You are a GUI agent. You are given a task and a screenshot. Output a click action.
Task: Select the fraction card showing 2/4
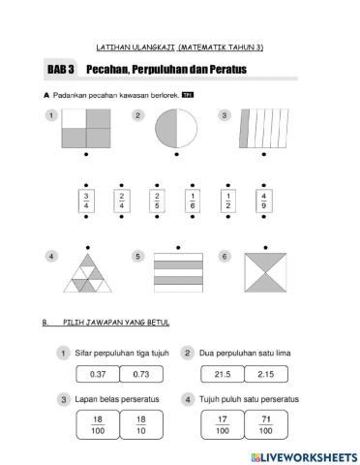[x=121, y=202]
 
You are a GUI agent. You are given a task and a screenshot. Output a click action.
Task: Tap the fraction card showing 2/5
[x=157, y=202]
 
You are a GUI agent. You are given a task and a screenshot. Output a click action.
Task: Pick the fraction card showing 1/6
[x=193, y=202]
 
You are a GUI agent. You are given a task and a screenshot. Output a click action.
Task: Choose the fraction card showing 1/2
[x=228, y=202]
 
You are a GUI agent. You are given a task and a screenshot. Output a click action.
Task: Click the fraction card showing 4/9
[x=264, y=202]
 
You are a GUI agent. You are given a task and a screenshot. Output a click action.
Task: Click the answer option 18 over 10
[x=141, y=424]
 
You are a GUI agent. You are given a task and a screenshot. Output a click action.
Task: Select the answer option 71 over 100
[x=266, y=424]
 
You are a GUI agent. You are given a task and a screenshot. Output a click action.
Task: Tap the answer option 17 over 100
[x=223, y=424]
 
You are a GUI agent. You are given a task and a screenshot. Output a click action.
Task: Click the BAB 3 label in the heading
[x=61, y=71]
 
